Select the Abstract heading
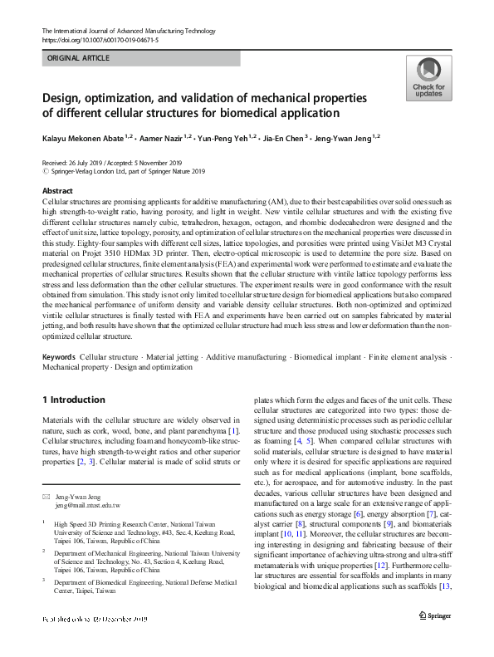57,191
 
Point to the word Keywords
60,379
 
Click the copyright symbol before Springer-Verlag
45,172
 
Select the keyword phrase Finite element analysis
407,379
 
